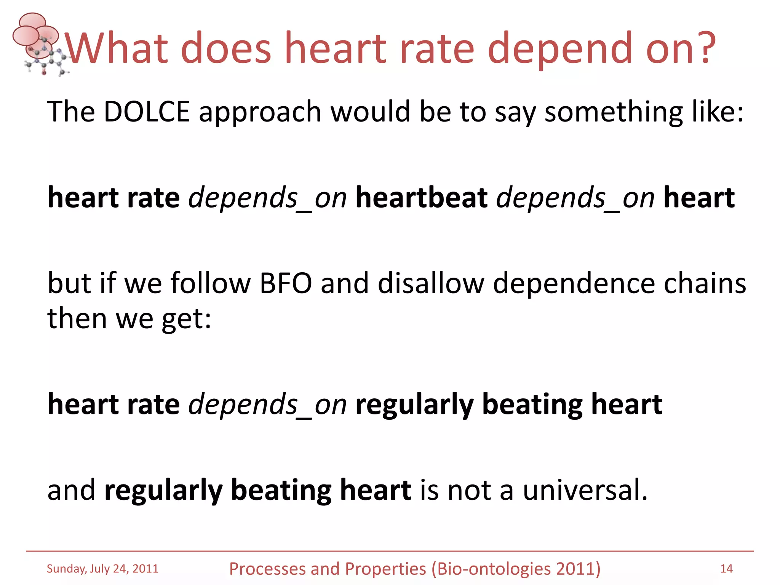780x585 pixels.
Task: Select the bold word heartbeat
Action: [x=421, y=198]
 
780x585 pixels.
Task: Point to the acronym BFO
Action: [x=286, y=283]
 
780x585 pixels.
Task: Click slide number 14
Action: [x=726, y=569]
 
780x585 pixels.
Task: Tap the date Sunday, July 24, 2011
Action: [x=102, y=569]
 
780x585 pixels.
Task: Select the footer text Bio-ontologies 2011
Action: [x=516, y=569]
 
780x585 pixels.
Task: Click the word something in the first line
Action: [x=613, y=112]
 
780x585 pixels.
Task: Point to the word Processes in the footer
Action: [x=267, y=569]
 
